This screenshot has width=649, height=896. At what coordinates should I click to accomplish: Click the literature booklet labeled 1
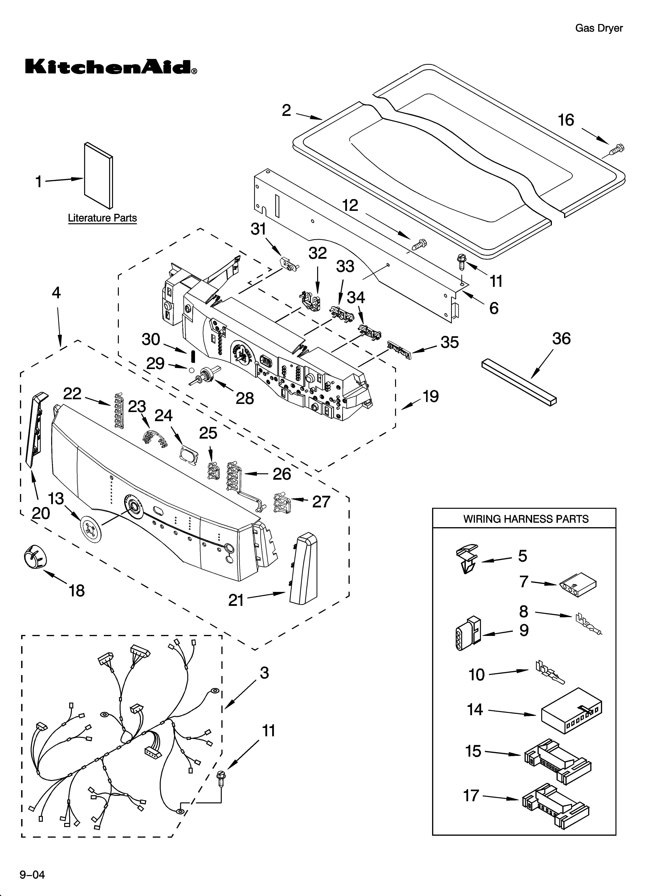coord(98,175)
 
